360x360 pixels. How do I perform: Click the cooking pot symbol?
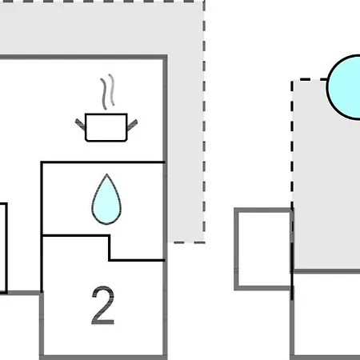tap(106, 127)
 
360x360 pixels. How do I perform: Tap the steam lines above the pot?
tap(108, 91)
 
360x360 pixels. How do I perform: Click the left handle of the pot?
tap(80, 124)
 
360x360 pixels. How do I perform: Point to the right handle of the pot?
tap(132, 125)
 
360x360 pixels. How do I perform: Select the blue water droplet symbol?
tap(106, 199)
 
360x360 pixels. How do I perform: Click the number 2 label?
tap(103, 306)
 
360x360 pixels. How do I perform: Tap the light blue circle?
tap(345, 87)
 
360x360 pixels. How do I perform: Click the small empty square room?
tap(263, 249)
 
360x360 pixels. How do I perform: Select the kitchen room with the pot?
tap(82, 110)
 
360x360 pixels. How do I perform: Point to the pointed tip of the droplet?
tap(106, 174)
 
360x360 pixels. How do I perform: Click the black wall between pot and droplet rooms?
tap(103, 162)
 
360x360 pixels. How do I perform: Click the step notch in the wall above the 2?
tap(110, 247)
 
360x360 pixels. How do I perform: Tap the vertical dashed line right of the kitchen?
tap(204, 122)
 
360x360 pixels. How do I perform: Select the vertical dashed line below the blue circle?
tap(292, 144)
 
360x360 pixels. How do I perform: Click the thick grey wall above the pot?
tap(83, 57)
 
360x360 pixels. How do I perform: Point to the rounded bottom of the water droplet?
tap(106, 223)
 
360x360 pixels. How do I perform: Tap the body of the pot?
tap(106, 127)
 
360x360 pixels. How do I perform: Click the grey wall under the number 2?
tap(103, 358)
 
